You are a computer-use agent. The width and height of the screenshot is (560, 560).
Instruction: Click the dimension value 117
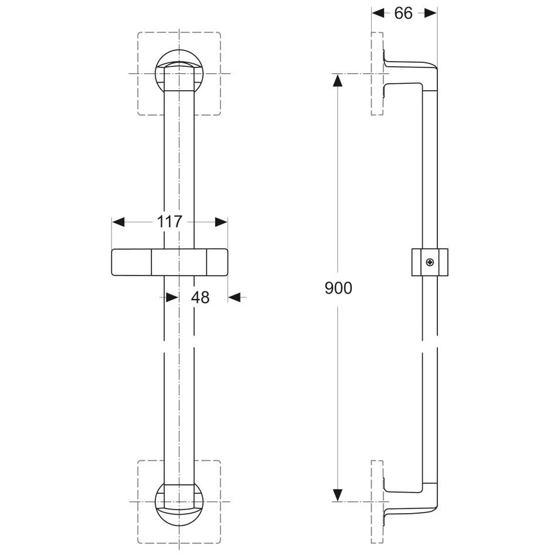point(169,222)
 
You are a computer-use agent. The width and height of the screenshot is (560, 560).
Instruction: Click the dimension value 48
point(200,297)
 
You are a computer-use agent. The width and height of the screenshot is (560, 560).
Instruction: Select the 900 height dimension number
point(338,288)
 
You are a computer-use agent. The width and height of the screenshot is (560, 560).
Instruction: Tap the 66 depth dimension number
point(403,13)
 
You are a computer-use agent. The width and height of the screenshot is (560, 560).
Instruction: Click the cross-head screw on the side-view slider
point(430,263)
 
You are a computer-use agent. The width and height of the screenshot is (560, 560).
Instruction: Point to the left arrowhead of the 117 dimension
point(118,222)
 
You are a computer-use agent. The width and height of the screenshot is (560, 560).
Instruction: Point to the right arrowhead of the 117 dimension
point(222,222)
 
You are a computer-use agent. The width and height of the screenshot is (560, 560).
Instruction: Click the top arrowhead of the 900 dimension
point(338,80)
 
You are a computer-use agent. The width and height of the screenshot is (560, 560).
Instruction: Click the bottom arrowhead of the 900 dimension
point(338,495)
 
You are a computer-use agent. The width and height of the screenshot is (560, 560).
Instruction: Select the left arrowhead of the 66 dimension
point(378,13)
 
